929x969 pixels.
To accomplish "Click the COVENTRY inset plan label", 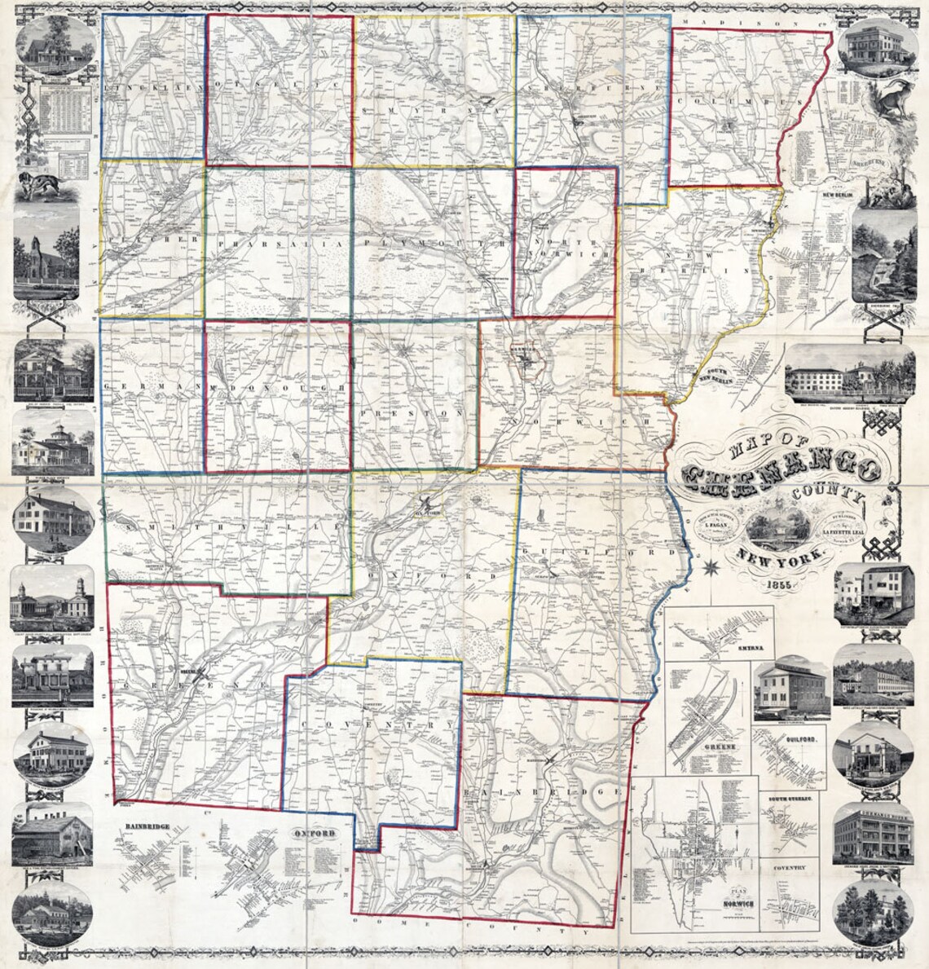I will [x=790, y=869].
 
